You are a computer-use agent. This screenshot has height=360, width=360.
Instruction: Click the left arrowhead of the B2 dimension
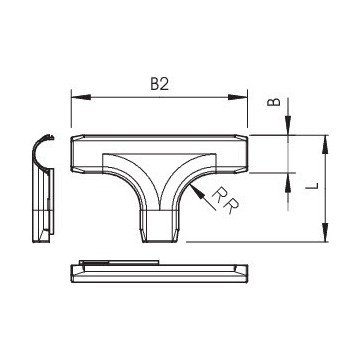[75, 96]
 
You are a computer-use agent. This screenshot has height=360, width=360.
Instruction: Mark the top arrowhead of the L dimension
[323, 140]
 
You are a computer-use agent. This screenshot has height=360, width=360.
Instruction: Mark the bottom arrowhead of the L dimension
[323, 236]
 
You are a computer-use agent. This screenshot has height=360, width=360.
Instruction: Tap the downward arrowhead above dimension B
[287, 129]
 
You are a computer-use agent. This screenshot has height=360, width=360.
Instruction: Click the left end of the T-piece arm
[77, 153]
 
